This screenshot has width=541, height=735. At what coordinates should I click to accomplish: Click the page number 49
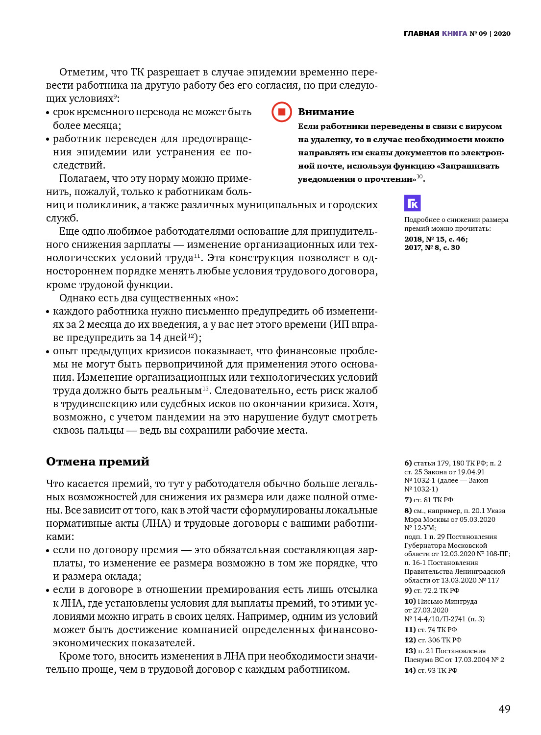pyautogui.click(x=504, y=709)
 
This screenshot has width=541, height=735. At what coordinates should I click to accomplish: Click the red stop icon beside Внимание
pyautogui.click(x=282, y=112)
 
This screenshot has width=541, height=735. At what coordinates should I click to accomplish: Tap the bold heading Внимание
pyautogui.click(x=326, y=112)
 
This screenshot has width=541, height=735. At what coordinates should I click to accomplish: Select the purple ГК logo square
pyautogui.click(x=413, y=203)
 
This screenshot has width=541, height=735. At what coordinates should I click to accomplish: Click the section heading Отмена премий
pyautogui.click(x=98, y=462)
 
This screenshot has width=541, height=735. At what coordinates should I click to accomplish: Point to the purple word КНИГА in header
pyautogui.click(x=454, y=33)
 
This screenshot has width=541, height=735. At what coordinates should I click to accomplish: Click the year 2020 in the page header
pyautogui.click(x=502, y=33)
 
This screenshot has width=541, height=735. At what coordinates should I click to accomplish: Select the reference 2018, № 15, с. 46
pyautogui.click(x=436, y=239)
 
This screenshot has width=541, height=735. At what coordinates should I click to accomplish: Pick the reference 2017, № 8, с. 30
pyautogui.click(x=432, y=247)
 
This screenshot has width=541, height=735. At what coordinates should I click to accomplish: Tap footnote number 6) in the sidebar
pyautogui.click(x=408, y=463)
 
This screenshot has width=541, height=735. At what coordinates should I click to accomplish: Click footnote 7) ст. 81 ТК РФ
pyautogui.click(x=428, y=500)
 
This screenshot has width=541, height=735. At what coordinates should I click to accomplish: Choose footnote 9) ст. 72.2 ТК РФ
pyautogui.click(x=432, y=590)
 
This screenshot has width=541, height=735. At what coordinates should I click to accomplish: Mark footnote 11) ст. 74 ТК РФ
pyautogui.click(x=430, y=630)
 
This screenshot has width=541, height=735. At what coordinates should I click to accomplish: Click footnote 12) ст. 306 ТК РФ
pyautogui.click(x=433, y=640)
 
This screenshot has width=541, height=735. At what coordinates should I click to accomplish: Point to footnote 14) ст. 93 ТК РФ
pyautogui.click(x=431, y=670)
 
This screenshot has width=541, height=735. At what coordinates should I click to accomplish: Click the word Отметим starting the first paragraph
pyautogui.click(x=82, y=73)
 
